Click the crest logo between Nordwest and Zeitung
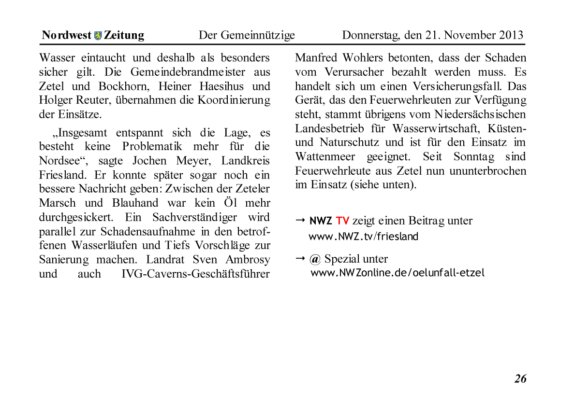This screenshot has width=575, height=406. point(98,36)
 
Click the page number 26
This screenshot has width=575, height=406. point(520,378)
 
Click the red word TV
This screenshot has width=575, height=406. point(342,221)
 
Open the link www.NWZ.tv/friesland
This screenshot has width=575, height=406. point(363,237)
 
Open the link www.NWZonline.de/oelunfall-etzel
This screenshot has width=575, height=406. point(397,273)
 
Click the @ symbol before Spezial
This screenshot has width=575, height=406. point(315,259)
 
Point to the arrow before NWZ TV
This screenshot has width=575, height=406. point(300,221)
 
